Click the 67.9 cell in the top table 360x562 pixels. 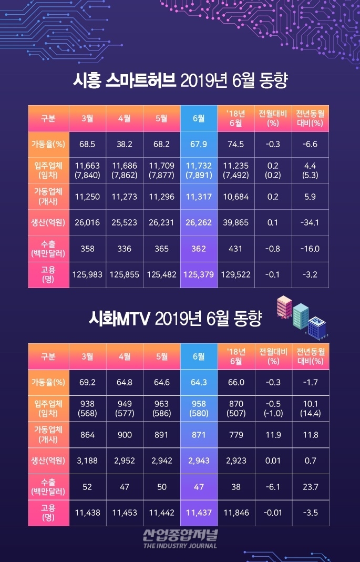point(199,144)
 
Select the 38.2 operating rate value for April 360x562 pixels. point(125,144)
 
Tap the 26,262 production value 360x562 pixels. point(199,222)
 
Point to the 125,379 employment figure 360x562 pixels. point(199,274)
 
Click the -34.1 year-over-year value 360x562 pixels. point(310,222)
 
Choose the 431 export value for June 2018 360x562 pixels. point(236,248)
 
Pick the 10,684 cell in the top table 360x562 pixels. point(236,197)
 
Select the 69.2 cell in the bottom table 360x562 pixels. point(87,382)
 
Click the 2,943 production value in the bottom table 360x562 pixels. point(199,461)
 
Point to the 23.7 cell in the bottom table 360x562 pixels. point(310,487)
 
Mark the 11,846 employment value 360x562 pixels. point(236,513)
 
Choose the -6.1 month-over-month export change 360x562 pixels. point(273,487)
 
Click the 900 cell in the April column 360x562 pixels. point(125,435)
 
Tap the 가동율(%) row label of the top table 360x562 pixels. point(48,144)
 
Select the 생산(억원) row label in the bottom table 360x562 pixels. point(48,461)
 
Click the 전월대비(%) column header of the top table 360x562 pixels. point(273,118)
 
